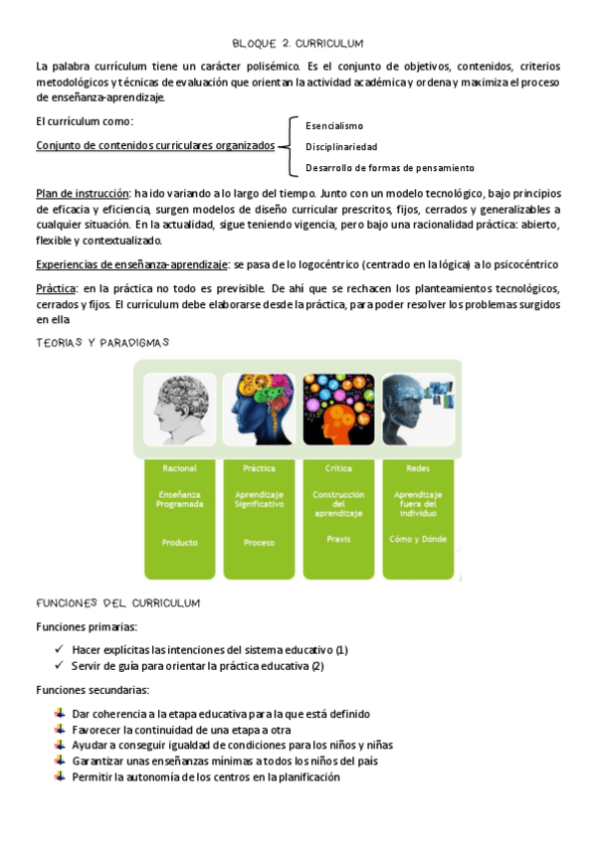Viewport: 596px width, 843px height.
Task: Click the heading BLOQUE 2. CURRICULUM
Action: coord(298,44)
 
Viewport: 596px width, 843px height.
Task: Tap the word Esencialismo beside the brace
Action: coord(334,126)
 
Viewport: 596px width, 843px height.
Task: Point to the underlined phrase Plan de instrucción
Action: coord(83,192)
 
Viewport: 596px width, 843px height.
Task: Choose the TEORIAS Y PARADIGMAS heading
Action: coord(102,342)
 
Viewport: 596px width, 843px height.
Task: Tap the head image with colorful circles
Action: coord(337,410)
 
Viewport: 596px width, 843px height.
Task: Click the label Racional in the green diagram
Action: coord(177,467)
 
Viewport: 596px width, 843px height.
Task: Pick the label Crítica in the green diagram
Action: coord(338,467)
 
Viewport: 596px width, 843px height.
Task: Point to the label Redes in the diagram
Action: coord(418,467)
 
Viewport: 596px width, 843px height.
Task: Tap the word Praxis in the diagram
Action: coord(338,538)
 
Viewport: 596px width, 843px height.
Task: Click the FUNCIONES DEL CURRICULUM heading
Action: coord(117,603)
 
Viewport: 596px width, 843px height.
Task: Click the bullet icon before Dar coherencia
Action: coord(61,713)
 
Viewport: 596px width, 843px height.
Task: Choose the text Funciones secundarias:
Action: coord(93,689)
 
